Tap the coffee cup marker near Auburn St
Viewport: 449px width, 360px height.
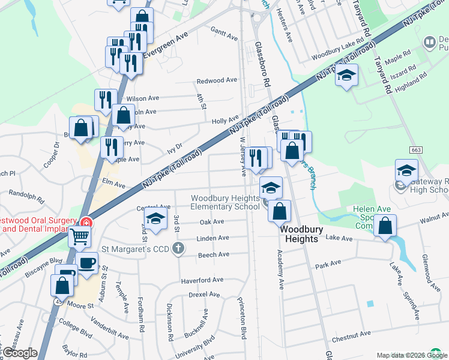[x=87, y=263]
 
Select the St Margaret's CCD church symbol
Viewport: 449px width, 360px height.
[x=178, y=248]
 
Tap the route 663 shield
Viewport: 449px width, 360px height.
[x=417, y=149]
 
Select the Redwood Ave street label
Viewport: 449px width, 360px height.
[x=217, y=80]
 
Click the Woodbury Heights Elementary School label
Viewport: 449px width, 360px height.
[x=225, y=202]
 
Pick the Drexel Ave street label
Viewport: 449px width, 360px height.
[x=205, y=295]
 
